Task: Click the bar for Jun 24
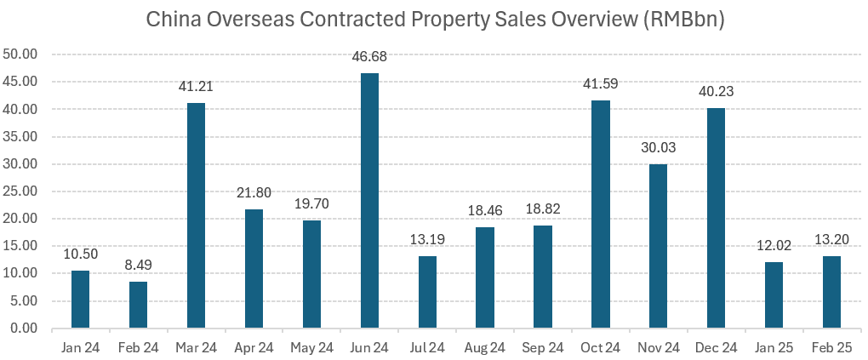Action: [369, 201]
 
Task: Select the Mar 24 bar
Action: [196, 215]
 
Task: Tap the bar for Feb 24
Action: [138, 305]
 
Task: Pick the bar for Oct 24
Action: [601, 214]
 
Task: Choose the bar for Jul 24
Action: [427, 292]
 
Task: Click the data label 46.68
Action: [369, 58]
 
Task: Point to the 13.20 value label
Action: [831, 241]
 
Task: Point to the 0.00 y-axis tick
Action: [26, 329]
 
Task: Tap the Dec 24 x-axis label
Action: [717, 347]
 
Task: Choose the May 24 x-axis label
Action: [311, 347]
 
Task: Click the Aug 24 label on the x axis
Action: [485, 347]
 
